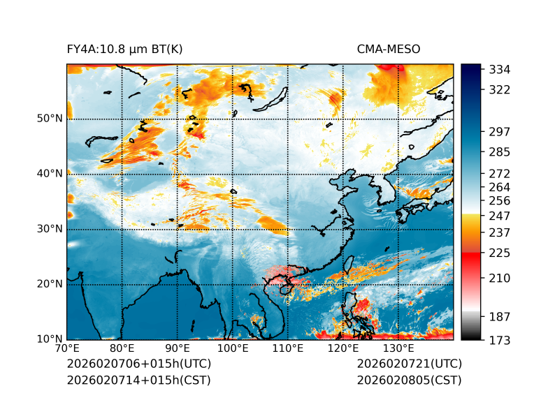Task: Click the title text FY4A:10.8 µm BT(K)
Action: pos(124,49)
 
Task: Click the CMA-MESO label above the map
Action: pos(389,49)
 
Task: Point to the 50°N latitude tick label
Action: pos(50,118)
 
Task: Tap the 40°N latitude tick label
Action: pos(50,173)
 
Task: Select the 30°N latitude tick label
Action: pos(50,228)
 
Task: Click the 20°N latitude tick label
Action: pos(50,284)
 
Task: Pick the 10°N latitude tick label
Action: pos(50,339)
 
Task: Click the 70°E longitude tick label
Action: pos(67,348)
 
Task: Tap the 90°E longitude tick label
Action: pos(178,348)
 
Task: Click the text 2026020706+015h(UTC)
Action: pos(138,364)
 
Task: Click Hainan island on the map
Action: pos(285,288)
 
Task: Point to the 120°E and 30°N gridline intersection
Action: pos(343,229)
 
